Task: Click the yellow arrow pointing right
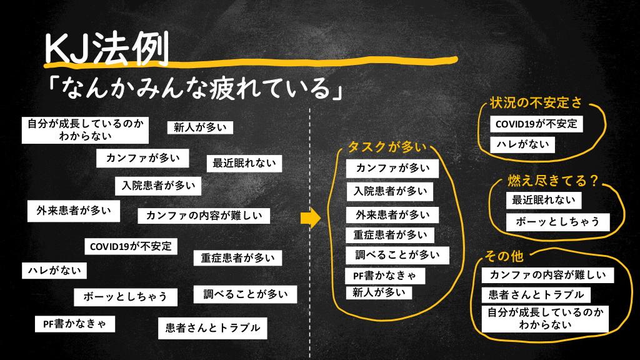(311, 217)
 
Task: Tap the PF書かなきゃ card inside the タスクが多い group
(385, 276)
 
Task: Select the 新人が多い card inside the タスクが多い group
(379, 292)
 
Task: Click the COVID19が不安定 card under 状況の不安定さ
(536, 124)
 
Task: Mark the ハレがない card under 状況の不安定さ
(522, 144)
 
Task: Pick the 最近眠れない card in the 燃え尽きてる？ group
(543, 201)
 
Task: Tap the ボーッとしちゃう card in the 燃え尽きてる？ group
(557, 221)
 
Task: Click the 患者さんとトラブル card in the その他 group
(536, 294)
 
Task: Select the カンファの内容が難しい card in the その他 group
(548, 275)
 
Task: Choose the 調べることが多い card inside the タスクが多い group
(397, 255)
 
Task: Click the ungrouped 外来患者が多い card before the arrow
(73, 211)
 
